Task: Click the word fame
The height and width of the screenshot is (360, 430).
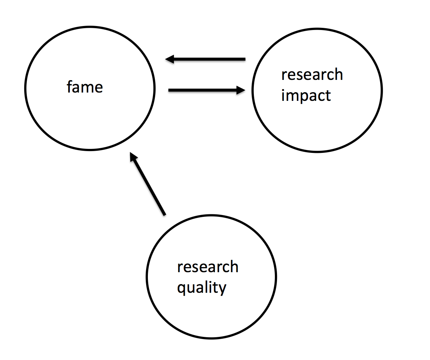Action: (x=85, y=87)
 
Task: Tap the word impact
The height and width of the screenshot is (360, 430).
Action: (x=306, y=96)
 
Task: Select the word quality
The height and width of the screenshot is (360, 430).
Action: (x=201, y=288)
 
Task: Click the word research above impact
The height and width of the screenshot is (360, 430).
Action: (x=312, y=75)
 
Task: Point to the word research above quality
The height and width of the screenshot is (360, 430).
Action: (x=208, y=267)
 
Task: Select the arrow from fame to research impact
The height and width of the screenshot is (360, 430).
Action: (x=206, y=90)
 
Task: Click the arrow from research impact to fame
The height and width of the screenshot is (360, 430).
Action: (x=205, y=59)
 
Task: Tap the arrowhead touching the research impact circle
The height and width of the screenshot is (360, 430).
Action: (x=241, y=90)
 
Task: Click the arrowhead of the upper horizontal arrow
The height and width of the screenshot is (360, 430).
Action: (x=169, y=59)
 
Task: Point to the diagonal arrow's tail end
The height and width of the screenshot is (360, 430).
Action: (x=164, y=214)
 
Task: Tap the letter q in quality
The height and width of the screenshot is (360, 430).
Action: (x=181, y=289)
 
